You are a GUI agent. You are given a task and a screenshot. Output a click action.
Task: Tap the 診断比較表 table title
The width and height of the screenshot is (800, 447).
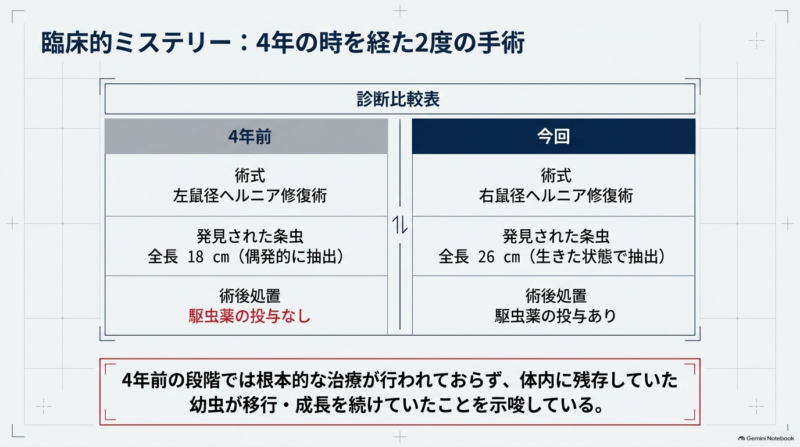[398, 99]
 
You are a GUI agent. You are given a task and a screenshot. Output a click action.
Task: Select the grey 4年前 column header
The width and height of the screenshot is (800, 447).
[246, 136]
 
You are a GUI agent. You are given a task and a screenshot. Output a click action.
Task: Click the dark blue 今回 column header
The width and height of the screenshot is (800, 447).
[554, 136]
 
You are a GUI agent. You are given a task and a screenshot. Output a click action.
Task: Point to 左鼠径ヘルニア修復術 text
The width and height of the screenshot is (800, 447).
[249, 195]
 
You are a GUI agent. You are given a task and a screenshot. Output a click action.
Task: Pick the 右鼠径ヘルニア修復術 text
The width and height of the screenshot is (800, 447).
[556, 195]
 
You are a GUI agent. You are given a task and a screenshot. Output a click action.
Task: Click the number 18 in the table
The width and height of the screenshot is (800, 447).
[195, 256]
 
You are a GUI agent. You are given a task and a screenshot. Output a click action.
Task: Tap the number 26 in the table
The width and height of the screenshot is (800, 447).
[486, 256]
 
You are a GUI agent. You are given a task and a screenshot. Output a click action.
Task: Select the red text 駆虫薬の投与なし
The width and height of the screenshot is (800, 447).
[249, 316]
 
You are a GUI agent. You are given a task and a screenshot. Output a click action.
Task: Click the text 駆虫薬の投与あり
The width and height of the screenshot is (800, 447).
[556, 316]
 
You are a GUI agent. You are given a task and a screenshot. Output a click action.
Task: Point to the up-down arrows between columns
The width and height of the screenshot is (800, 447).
[400, 225]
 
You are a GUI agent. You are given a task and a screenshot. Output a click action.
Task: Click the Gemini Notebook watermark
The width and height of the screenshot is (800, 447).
[766, 438]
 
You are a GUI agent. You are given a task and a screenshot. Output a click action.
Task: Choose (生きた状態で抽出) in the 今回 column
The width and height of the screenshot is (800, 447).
[597, 256]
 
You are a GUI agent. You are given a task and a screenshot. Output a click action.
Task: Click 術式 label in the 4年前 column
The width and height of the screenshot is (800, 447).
[249, 176]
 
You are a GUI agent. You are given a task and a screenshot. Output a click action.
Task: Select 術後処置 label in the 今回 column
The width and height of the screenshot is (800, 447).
[556, 295]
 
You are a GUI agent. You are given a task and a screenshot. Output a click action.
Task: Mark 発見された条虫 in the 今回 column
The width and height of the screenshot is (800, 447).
[556, 236]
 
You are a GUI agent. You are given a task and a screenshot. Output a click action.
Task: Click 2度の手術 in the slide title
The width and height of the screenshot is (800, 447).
[469, 42]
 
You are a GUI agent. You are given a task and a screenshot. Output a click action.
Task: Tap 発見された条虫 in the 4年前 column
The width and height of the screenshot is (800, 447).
[249, 236]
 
